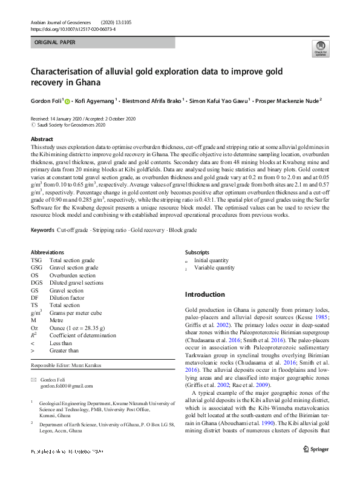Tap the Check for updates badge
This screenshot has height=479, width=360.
pos(320,48)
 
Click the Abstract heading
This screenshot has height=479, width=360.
pos(42,139)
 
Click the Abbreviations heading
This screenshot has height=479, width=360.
pos(47,252)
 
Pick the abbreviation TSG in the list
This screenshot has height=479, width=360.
pos(36,260)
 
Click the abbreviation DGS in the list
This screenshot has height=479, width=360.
pos(37,283)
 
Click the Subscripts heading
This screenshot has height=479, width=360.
pos(197,252)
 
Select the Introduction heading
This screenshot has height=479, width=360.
pos(205,294)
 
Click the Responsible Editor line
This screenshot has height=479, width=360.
pos(67,367)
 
